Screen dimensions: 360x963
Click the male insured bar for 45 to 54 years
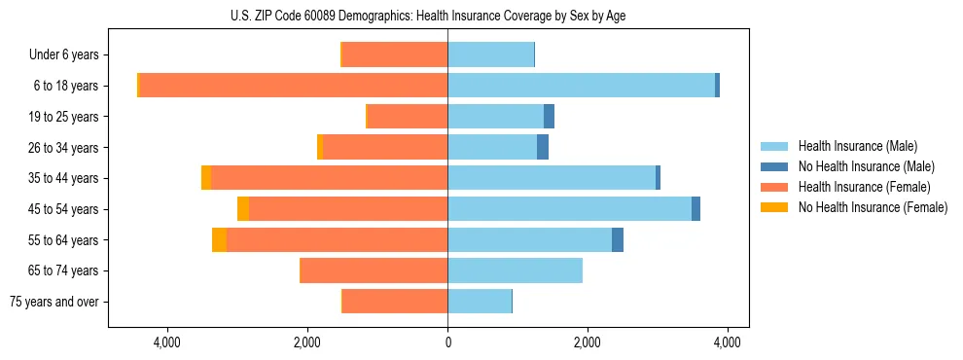coord(569,209)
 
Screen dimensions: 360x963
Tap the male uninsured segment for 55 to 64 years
coord(618,240)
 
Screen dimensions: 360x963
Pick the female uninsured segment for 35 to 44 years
coord(206,178)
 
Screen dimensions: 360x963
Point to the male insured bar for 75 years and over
coord(480,302)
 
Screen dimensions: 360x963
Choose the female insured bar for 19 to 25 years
coord(408,117)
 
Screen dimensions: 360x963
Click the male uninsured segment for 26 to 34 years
coord(543,148)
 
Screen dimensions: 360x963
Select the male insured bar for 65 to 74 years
coord(515,270)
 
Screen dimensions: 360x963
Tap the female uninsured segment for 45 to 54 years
coord(243,209)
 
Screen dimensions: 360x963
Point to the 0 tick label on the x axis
coord(447,342)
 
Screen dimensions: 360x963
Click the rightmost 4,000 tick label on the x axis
coord(728,342)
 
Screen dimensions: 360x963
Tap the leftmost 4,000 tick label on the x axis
coord(167,342)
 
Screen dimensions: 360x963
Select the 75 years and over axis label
coord(53,302)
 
